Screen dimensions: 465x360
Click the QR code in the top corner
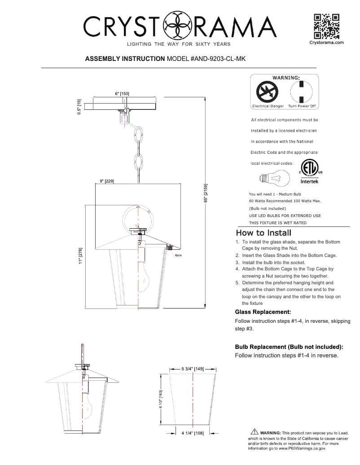click(326, 26)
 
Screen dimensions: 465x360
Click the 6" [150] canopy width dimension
click(122, 93)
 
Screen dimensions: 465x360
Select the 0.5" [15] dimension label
click(79, 107)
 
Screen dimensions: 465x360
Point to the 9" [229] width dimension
click(106, 181)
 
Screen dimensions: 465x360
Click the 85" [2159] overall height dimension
click(206, 193)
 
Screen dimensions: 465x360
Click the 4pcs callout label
click(178, 255)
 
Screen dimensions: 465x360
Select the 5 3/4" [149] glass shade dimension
click(193, 369)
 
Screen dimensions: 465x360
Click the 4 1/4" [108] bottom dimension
click(193, 433)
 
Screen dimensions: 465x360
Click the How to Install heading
click(263, 233)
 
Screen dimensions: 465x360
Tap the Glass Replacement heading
click(263, 312)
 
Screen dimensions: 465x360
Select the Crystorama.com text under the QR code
click(326, 42)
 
